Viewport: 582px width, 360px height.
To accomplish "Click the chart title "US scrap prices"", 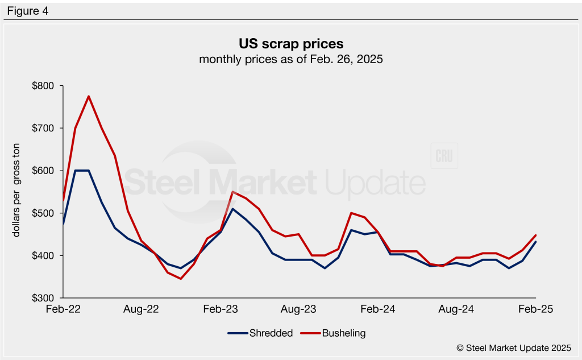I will (290, 43).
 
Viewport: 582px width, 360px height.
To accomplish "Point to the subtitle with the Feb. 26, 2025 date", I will (290, 59).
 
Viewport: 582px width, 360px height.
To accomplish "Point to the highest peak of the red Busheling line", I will (89, 96).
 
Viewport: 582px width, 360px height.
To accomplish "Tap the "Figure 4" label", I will (27, 11).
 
